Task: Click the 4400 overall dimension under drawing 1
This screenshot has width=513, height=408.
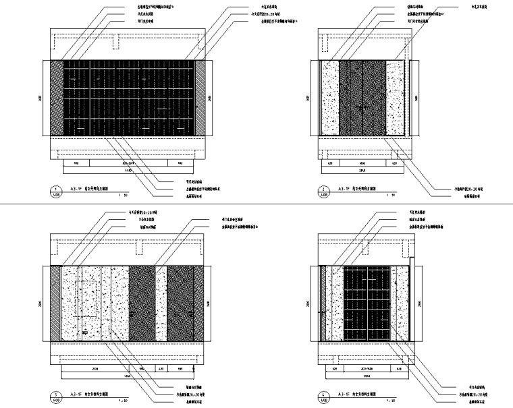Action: pyautogui.click(x=128, y=171)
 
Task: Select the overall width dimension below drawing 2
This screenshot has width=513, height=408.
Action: pyautogui.click(x=361, y=171)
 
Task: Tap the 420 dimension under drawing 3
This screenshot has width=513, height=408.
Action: pyautogui.click(x=160, y=369)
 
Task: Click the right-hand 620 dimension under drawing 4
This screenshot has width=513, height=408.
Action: pyautogui.click(x=399, y=369)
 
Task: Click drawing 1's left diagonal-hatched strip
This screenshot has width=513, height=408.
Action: pyautogui.click(x=55, y=98)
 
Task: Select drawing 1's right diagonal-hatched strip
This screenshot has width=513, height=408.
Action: pyautogui.click(x=200, y=98)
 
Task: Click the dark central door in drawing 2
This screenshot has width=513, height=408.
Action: pyautogui.click(x=362, y=98)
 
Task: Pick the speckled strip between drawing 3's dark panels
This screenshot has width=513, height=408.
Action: pyautogui.click(x=161, y=303)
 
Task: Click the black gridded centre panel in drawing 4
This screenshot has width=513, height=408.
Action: pyautogui.click(x=367, y=303)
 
